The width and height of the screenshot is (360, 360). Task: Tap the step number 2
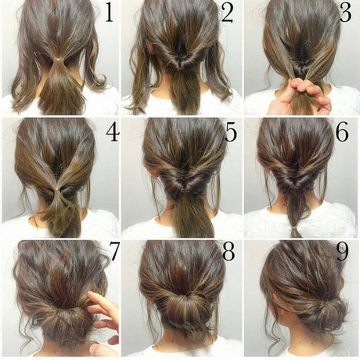227,13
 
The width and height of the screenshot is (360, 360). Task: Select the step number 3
345,13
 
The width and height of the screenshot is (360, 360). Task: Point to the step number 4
113,132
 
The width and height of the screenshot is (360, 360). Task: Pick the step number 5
231,132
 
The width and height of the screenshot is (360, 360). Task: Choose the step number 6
342,132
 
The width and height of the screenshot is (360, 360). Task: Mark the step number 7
114,251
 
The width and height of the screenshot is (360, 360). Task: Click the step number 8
229,251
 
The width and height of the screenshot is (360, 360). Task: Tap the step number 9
342,251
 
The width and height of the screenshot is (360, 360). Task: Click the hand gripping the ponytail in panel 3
300,96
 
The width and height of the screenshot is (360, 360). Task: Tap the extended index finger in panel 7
102,303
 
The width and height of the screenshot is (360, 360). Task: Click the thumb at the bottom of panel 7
103,350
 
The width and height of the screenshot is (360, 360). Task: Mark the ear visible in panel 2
149,46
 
